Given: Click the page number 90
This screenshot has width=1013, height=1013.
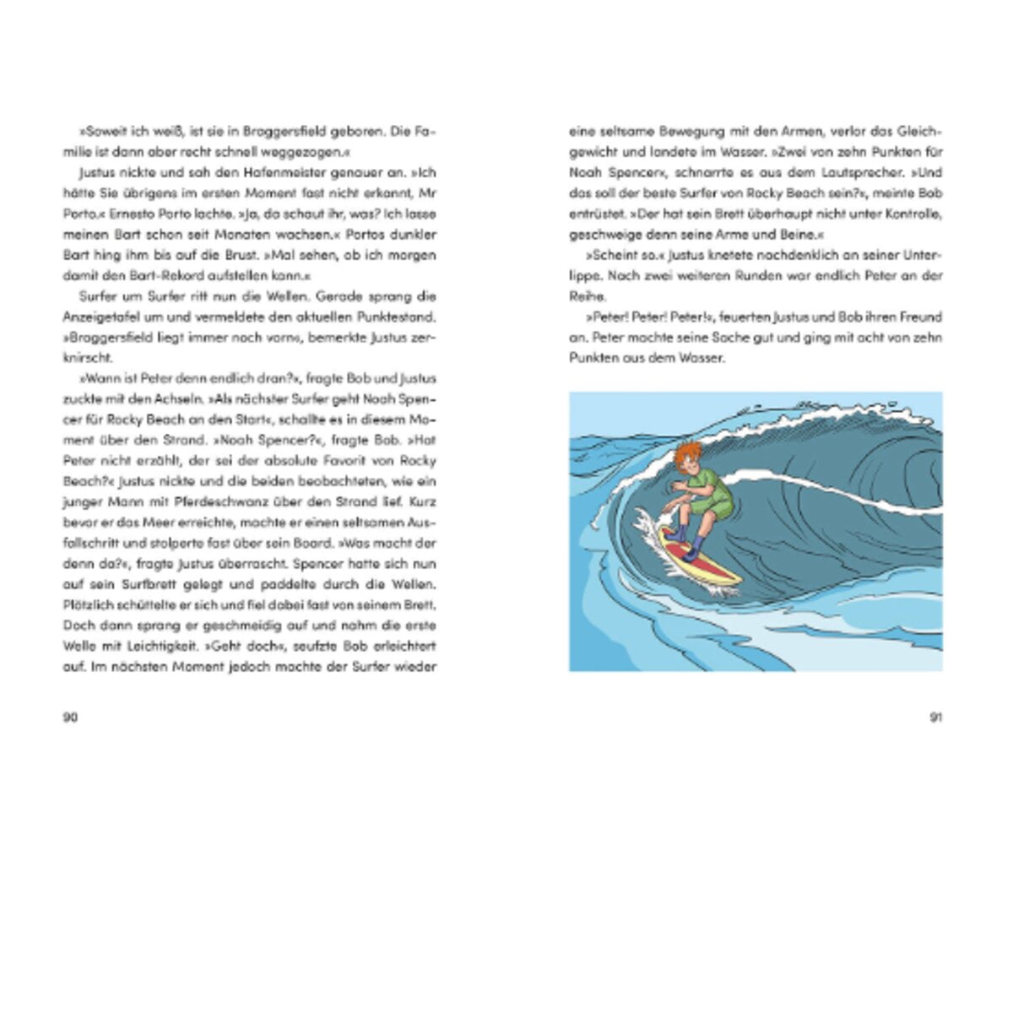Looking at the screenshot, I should pos(70,718).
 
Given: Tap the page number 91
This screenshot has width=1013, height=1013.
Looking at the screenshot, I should pos(935,718).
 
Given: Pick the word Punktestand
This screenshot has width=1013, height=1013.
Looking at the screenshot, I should pos(399,317).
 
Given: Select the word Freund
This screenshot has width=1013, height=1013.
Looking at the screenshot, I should pos(918,317).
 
